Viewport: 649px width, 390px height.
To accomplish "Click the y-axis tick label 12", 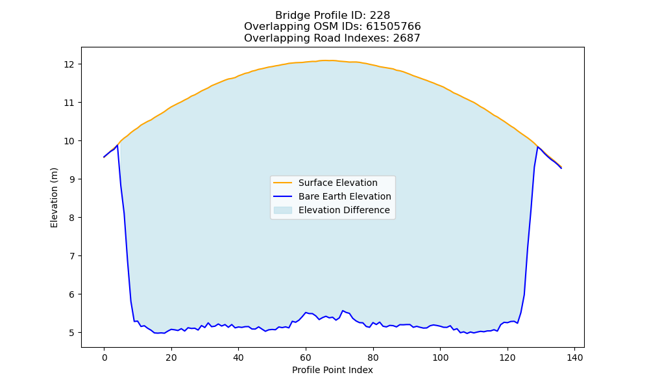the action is click(69, 64).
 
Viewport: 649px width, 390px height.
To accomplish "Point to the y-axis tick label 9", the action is click(72, 179).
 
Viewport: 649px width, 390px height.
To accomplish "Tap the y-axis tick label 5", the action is click(72, 333).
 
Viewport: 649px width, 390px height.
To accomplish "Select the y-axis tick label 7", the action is click(72, 256).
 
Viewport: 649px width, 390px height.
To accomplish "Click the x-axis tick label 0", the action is click(104, 357).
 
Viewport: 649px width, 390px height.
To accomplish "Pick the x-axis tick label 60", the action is click(306, 357).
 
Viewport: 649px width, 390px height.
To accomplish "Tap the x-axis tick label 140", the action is click(574, 357).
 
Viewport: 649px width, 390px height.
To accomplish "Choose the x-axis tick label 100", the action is click(441, 357).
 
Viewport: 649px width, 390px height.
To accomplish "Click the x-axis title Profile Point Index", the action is click(332, 370).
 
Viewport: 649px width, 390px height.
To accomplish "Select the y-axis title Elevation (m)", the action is click(55, 198).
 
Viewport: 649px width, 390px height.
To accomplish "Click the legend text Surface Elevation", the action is click(337, 183).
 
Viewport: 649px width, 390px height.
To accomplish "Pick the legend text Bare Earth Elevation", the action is click(345, 196).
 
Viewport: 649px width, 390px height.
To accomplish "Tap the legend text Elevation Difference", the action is click(344, 210).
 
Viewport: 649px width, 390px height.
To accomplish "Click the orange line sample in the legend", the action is click(283, 183).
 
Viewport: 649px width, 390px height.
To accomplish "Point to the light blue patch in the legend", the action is click(283, 210).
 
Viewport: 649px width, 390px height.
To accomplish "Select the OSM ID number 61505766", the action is click(394, 27).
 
